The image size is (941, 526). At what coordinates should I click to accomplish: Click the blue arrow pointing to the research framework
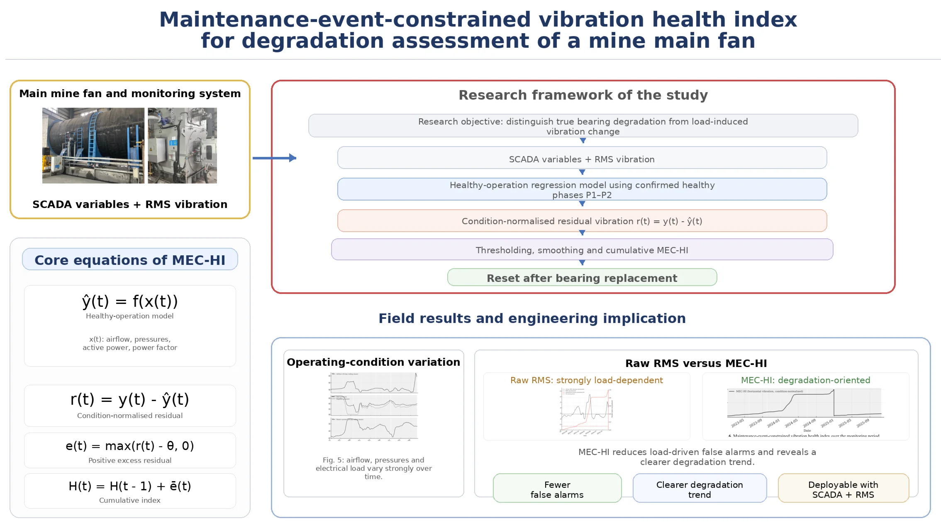pos(274,158)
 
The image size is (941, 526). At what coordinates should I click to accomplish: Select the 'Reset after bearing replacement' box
pos(582,278)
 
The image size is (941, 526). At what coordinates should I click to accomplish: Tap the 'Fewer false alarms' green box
pos(557,489)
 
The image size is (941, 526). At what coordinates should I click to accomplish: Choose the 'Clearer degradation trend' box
pos(700,489)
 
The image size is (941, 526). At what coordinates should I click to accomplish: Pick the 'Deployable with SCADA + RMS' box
pos(843,489)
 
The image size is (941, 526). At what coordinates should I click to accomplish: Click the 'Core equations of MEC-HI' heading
pos(130,260)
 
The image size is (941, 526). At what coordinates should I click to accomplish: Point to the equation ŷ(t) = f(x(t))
pos(130,301)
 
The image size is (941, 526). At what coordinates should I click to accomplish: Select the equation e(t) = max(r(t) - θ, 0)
pos(130,446)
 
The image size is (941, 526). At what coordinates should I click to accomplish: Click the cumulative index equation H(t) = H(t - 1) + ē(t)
pos(130,486)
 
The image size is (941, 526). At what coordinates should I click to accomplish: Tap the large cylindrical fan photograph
pos(93,145)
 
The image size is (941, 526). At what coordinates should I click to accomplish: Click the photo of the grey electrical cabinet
pos(182,145)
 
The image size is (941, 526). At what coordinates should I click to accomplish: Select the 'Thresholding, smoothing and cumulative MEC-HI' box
pos(582,250)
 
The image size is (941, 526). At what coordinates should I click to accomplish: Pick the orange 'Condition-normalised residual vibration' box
pos(582,221)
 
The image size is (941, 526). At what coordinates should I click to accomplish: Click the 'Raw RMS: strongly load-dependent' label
pos(586,380)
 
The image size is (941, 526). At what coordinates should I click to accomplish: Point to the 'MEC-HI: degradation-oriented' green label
pos(805,380)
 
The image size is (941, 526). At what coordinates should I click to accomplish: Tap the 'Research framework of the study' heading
pos(583,95)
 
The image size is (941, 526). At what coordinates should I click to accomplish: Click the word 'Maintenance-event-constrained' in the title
pos(344,20)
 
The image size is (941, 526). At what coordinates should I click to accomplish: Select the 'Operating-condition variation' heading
pos(373,362)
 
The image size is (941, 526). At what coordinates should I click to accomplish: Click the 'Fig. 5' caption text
pos(373,468)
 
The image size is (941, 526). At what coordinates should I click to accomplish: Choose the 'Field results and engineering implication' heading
pos(532,318)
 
